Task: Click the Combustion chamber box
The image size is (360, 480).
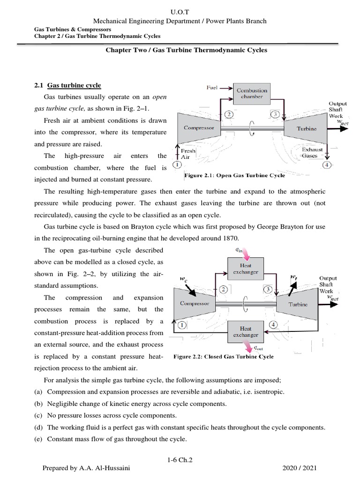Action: [x=252, y=93]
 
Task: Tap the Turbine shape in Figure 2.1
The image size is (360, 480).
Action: [x=306, y=128]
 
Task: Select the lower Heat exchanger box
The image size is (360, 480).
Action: [x=246, y=332]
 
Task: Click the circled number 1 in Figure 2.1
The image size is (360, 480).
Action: [x=177, y=165]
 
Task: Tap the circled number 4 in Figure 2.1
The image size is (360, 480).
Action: [x=326, y=165]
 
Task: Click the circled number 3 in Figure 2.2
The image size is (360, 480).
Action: [x=268, y=290]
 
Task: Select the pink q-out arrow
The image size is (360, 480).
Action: [x=246, y=347]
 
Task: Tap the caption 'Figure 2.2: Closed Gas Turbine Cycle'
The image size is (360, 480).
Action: [x=224, y=357]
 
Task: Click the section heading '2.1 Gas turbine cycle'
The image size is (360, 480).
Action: [x=67, y=85]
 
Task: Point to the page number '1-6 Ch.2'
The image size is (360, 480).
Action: [x=180, y=461]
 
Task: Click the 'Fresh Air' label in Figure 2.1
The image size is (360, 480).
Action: [x=188, y=154]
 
